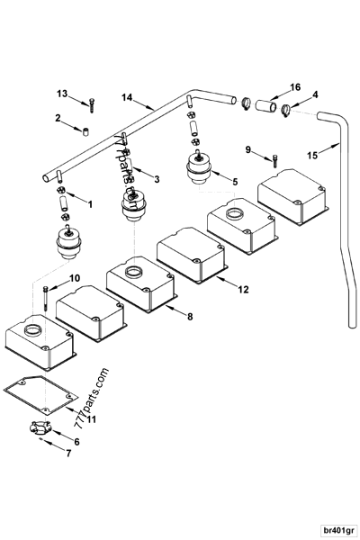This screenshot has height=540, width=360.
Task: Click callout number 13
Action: point(62,94)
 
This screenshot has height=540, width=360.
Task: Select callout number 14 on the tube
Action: point(127,96)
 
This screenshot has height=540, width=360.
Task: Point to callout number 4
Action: point(314,94)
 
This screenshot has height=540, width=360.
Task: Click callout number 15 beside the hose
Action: point(311,156)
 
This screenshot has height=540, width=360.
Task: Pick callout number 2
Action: point(58,118)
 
